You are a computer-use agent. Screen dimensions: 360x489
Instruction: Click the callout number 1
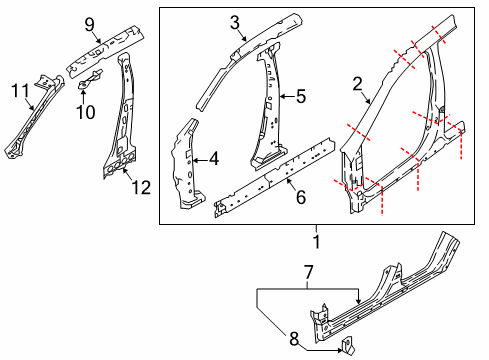(x=317, y=241)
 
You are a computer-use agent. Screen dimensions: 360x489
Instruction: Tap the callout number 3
(x=234, y=22)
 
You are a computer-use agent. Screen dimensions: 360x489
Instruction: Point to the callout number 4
(x=212, y=158)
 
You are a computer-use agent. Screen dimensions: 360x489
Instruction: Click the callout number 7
(x=309, y=270)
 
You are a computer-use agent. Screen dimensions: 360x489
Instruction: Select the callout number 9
(x=90, y=24)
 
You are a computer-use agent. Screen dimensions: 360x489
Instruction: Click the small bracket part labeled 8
(x=348, y=346)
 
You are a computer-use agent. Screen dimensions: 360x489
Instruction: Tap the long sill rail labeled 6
(x=270, y=172)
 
